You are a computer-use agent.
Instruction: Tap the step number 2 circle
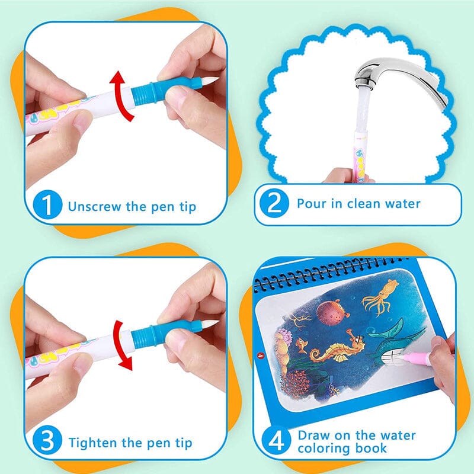[x=276, y=204]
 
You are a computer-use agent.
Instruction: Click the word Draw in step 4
[x=313, y=435]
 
